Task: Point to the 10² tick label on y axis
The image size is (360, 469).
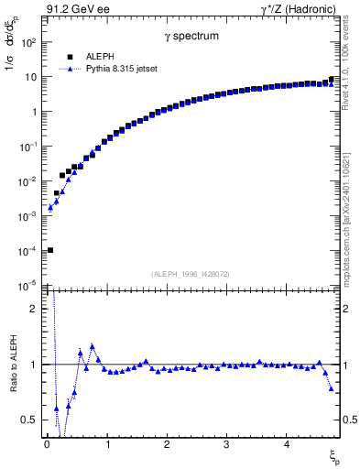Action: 29,43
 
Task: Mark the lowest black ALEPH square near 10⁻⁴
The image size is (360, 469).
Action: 50,250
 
